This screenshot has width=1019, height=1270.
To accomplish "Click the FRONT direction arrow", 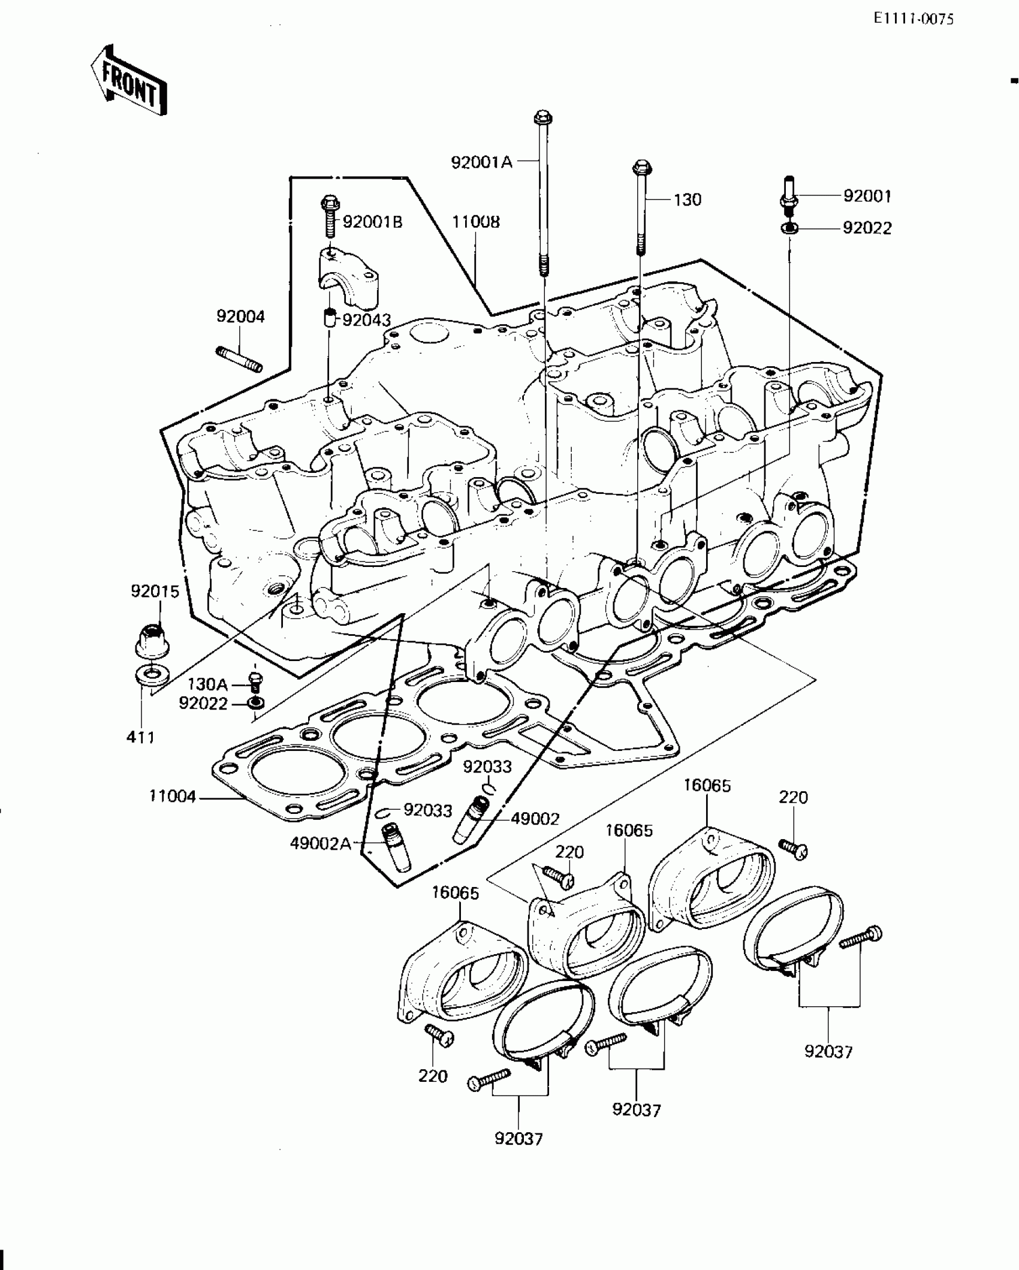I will (x=129, y=82).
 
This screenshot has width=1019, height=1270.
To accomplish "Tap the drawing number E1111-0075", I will (x=913, y=19).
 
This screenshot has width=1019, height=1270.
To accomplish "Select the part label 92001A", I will (x=482, y=162).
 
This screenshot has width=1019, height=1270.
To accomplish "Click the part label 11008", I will (x=476, y=222).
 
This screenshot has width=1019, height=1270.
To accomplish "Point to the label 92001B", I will (x=373, y=222).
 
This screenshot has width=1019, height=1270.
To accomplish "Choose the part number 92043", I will (x=366, y=320).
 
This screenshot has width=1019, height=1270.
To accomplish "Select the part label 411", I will (x=140, y=737).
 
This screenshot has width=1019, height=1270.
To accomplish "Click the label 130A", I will (x=207, y=684).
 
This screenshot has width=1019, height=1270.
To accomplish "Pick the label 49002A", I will (x=321, y=843).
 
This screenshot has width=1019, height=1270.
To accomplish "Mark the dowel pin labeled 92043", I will (x=329, y=318).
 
